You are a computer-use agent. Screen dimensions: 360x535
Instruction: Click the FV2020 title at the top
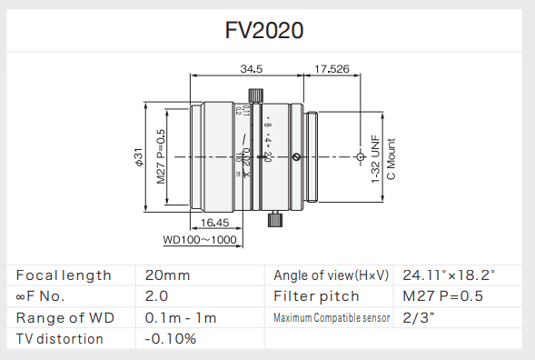pyautogui.click(x=264, y=29)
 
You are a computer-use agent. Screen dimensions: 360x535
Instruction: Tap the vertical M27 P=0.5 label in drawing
pyautogui.click(x=161, y=156)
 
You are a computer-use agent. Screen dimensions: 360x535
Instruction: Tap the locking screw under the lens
pyautogui.click(x=274, y=219)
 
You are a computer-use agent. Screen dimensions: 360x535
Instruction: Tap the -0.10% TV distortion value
pyautogui.click(x=170, y=339)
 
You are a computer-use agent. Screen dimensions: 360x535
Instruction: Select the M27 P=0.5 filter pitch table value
pyautogui.click(x=442, y=296)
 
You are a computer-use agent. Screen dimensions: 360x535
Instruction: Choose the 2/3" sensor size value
pyautogui.click(x=418, y=317)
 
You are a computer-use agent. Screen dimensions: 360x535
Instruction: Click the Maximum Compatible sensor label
pyautogui.click(x=332, y=317)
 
